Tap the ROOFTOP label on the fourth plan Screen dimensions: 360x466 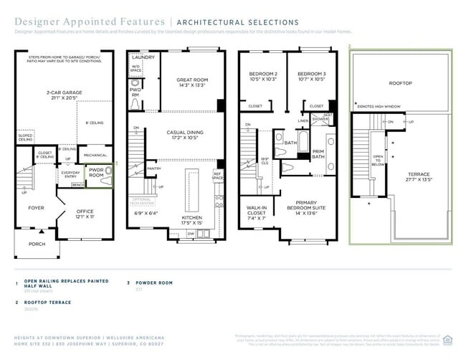[x=400, y=83]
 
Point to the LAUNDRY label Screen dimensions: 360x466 [x=143, y=57]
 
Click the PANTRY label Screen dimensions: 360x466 [x=153, y=169]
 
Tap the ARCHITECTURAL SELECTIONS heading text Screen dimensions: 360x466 [x=237, y=23]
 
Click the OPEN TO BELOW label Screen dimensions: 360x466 [x=378, y=160]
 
